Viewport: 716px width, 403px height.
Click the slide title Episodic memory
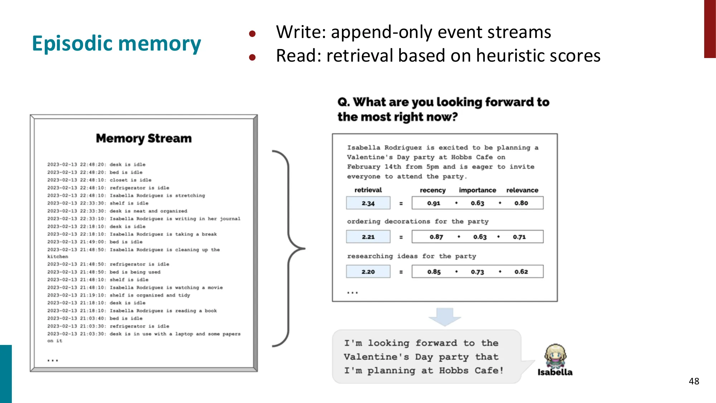[x=116, y=44]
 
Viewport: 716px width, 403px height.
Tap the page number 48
[x=693, y=381]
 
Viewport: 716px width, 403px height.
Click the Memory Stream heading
[x=144, y=138]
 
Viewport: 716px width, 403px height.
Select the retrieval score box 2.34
[x=368, y=203]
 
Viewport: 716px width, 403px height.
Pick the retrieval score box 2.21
[x=368, y=237]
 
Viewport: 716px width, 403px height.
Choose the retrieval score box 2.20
[x=368, y=272]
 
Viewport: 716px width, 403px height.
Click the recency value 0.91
[x=434, y=203]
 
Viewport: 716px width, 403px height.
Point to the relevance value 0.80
[x=521, y=203]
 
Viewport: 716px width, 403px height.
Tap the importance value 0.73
[x=477, y=272]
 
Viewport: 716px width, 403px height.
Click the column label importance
[x=477, y=190]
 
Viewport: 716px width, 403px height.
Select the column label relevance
[x=522, y=190]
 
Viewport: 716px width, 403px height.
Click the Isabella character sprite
[x=555, y=356]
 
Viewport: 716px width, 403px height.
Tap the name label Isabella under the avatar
[x=555, y=373]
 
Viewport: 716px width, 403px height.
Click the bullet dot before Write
[x=252, y=34]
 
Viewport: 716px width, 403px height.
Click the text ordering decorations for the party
[x=417, y=221]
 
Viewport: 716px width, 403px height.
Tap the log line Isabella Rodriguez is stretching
[x=157, y=196]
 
